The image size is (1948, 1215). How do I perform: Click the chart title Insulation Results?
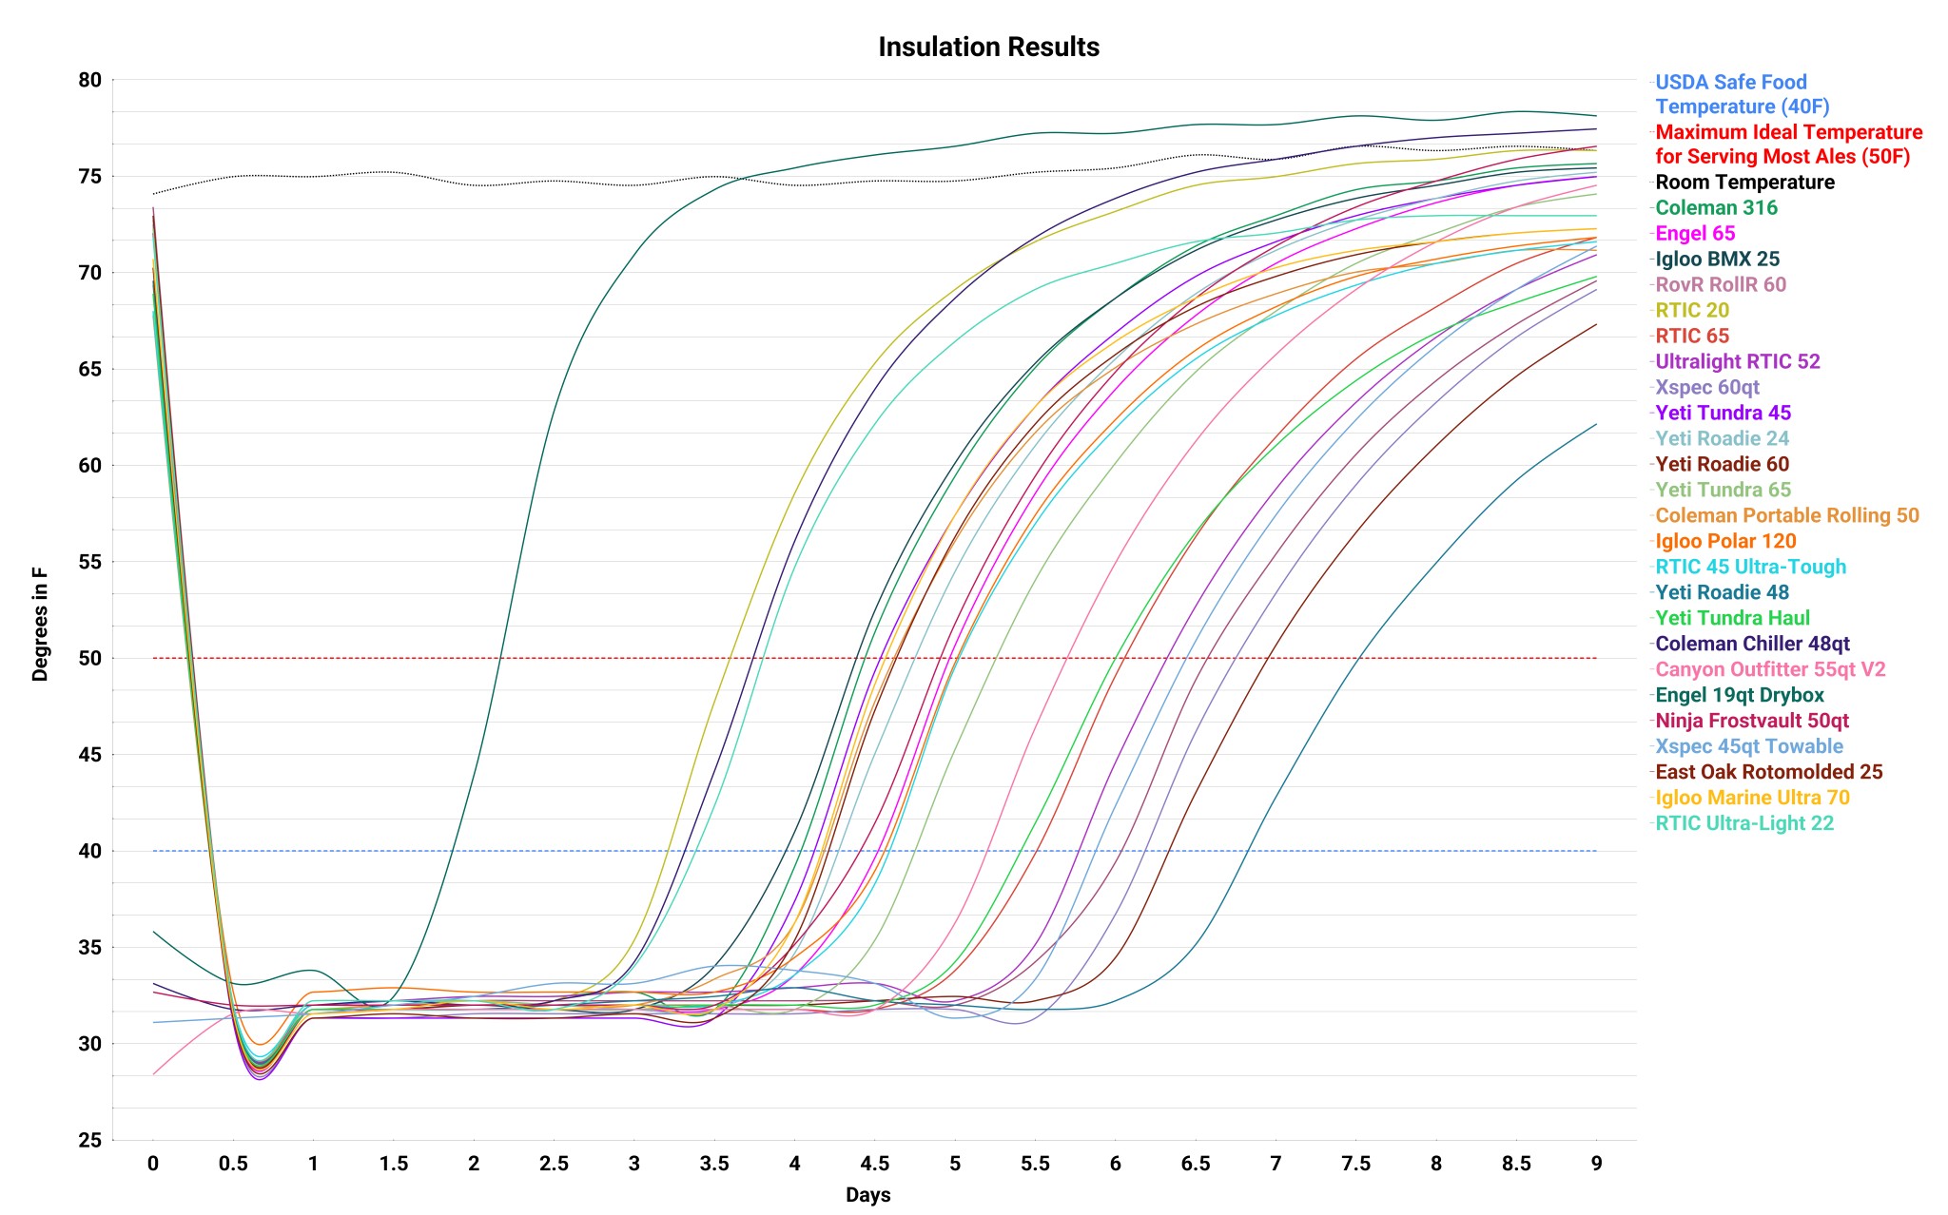pos(988,47)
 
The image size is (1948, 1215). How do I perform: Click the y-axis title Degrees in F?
pos(40,624)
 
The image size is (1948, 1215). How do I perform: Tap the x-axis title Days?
pos(867,1195)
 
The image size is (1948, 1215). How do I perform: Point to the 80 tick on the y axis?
pos(89,80)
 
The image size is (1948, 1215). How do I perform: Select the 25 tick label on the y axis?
pos(89,1140)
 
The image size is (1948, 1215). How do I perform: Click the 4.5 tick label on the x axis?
pos(874,1164)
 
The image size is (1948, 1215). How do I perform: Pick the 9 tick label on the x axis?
pos(1596,1164)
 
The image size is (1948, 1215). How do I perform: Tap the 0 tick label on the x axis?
pos(153,1164)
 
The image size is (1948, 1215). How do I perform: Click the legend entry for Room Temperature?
pos(1744,183)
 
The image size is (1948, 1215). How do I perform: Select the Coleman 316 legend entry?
pos(1716,208)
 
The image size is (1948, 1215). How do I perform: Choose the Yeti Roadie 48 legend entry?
pos(1722,593)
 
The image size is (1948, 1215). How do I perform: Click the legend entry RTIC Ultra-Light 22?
pos(1744,824)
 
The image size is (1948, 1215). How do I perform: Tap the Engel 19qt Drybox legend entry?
pos(1740,696)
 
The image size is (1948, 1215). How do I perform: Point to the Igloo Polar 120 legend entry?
pos(1725,542)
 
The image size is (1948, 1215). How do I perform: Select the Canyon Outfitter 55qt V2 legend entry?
pos(1770,670)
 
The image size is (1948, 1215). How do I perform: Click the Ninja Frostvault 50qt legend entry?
pos(1752,722)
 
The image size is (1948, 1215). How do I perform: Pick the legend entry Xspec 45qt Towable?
pos(1749,747)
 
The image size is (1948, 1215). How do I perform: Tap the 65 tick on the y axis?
pos(89,369)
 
